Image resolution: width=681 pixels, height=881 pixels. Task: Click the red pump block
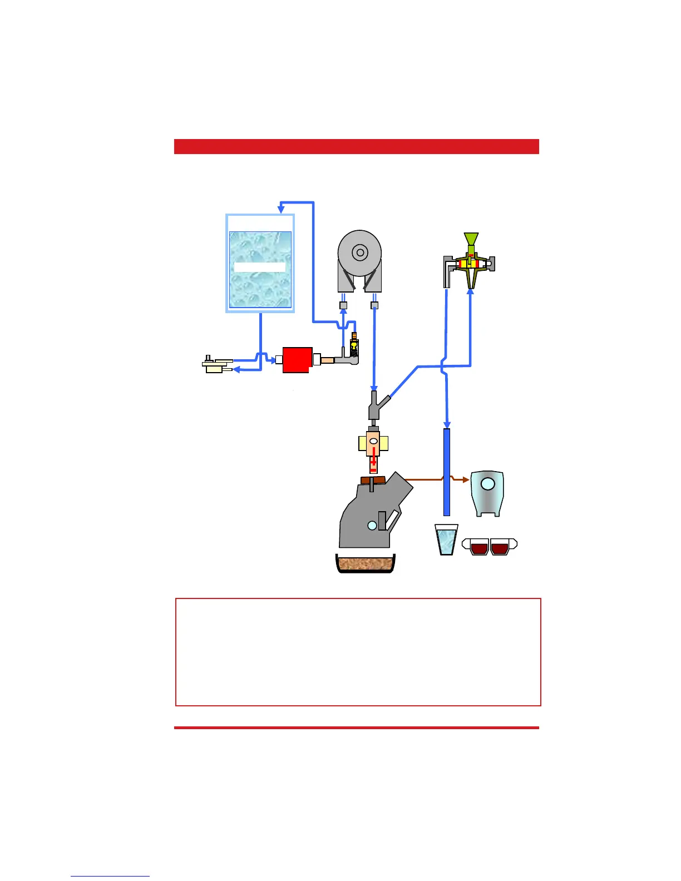click(x=298, y=360)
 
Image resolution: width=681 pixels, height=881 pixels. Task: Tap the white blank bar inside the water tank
click(x=260, y=267)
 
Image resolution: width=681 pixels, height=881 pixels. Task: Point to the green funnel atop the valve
click(x=471, y=239)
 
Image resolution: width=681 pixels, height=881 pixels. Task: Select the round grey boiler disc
click(x=360, y=253)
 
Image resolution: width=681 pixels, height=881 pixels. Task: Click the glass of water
click(x=446, y=540)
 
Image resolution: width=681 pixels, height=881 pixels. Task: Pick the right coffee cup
click(x=500, y=547)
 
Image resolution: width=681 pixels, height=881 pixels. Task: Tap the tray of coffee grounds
click(x=366, y=565)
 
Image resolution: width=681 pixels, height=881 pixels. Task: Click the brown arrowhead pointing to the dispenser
click(x=465, y=479)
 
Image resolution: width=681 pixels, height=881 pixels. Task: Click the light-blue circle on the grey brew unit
click(x=372, y=525)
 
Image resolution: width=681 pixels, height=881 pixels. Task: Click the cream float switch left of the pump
click(x=215, y=365)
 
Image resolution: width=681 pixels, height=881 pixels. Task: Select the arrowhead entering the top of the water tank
click(x=281, y=208)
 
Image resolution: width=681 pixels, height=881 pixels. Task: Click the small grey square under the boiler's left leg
click(x=343, y=305)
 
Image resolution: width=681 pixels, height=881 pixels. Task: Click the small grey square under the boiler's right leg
click(x=374, y=305)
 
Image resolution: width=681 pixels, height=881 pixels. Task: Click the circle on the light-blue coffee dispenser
click(x=487, y=484)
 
